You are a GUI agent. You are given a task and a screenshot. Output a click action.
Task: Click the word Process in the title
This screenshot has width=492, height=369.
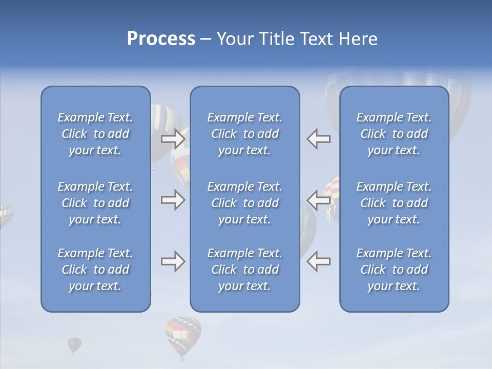coord(161,39)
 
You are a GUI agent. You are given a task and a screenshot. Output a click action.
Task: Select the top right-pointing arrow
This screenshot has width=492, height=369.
coord(173,138)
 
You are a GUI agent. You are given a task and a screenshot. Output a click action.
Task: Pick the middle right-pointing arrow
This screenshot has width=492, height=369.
coord(173,200)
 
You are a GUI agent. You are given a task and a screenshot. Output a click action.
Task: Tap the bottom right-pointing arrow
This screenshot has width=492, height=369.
coord(173,262)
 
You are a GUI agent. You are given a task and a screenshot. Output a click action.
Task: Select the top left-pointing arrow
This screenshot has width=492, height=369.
coord(318,138)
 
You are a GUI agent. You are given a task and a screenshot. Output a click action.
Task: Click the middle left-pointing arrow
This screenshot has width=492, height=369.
coord(318,200)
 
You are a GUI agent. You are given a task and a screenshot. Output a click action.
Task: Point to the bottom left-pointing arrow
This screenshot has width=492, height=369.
coord(318,262)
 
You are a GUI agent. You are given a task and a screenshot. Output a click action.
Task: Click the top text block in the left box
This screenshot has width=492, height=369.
coord(95,134)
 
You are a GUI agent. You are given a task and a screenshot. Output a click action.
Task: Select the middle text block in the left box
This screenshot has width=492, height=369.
coord(95,203)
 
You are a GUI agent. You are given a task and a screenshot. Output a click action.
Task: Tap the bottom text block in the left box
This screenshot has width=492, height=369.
coord(95,270)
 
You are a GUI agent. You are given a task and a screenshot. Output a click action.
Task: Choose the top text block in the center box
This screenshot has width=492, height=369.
coord(244,134)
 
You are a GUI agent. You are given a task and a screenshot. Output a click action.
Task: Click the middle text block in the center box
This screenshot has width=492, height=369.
coord(244,203)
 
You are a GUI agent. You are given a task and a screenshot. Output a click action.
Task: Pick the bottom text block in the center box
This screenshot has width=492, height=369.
coord(244,270)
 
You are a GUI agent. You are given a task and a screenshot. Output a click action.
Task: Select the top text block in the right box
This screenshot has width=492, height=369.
coord(394,134)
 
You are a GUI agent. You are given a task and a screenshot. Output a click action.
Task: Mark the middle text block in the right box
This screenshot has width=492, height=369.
coord(394,203)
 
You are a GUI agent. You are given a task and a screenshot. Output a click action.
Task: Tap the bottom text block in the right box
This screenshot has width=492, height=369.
coord(394,270)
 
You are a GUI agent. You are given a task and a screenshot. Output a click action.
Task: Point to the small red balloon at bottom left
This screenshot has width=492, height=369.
coord(74,344)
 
